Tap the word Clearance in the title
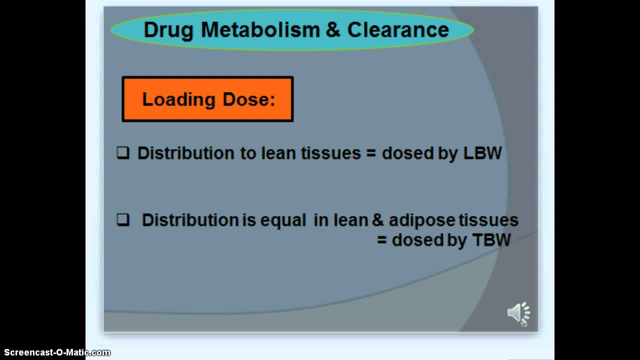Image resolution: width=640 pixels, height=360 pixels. coord(398,30)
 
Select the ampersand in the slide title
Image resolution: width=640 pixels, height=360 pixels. coord(332,30)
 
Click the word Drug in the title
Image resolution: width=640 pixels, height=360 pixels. coord(168,30)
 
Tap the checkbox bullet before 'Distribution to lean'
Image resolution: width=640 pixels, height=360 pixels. coord(123,153)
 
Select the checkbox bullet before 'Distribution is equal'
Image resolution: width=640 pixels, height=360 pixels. coord(123,219)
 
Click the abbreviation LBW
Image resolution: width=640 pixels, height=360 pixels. coord(482,153)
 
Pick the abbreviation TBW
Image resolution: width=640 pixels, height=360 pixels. coord(491,240)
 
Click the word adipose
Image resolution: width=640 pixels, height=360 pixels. coord(415,220)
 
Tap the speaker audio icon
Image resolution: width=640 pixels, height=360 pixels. coord(518,313)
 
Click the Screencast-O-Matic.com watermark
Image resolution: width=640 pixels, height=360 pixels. coord(57,352)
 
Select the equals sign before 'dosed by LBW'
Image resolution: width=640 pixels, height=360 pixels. coord(370,153)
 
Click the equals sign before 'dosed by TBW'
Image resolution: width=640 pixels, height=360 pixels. coord(382,240)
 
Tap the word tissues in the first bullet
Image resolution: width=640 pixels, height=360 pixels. coord(331,153)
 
